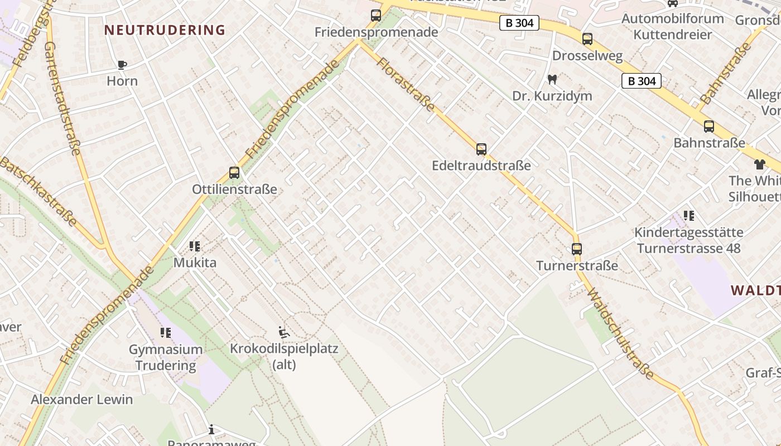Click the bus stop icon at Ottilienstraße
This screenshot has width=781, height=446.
click(x=234, y=173)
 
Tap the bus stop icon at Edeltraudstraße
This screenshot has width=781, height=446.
click(x=481, y=149)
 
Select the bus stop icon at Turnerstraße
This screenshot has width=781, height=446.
click(x=577, y=249)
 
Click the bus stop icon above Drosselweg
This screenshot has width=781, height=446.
click(x=587, y=39)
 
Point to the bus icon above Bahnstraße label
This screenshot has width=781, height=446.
click(x=709, y=127)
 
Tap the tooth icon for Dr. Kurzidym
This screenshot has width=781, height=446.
click(x=552, y=80)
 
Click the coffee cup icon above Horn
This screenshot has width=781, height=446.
click(x=122, y=65)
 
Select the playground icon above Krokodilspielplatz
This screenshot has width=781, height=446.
click(x=284, y=333)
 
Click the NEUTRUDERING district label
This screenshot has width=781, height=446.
click(x=165, y=30)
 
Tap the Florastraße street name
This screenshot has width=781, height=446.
click(x=405, y=84)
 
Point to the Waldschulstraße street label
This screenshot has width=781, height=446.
click(x=620, y=333)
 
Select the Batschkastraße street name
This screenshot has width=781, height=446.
click(x=38, y=191)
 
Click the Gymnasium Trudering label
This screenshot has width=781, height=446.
click(x=166, y=357)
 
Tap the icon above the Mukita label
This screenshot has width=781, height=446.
click(x=195, y=246)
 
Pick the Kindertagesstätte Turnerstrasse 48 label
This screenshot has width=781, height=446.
click(x=689, y=240)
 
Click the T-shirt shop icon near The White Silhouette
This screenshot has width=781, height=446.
click(x=760, y=164)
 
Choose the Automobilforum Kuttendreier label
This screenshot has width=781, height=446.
click(x=673, y=26)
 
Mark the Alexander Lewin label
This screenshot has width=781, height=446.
click(x=82, y=400)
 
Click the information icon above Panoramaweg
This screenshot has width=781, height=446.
click(x=211, y=429)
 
